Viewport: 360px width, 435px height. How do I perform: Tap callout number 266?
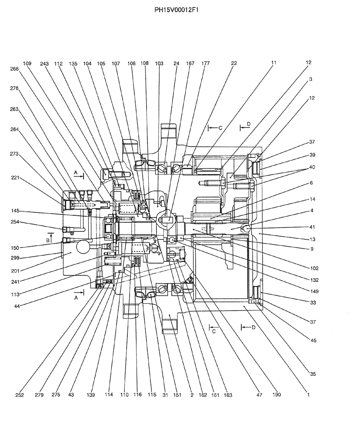(x=15, y=68)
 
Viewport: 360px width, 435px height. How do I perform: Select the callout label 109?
(x=27, y=64)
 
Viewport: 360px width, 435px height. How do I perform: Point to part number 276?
(x=15, y=88)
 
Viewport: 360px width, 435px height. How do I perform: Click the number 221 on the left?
(x=15, y=177)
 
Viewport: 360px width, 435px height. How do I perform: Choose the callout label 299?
(x=15, y=258)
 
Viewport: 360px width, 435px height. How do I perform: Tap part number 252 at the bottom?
(x=19, y=395)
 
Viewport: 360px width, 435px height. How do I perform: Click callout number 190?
(x=277, y=395)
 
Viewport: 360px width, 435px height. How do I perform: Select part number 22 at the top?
(x=234, y=64)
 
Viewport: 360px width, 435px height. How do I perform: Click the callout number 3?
(x=310, y=79)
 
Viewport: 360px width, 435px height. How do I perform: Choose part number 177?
(x=206, y=64)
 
